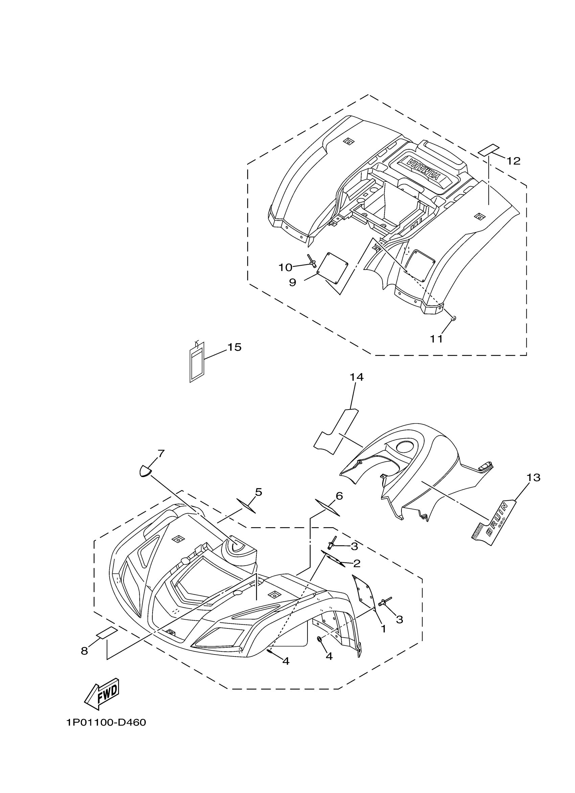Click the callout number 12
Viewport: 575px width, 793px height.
pyautogui.click(x=513, y=161)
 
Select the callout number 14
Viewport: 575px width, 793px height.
pyautogui.click(x=356, y=377)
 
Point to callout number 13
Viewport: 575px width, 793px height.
pyautogui.click(x=533, y=477)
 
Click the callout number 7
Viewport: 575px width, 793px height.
pyautogui.click(x=161, y=453)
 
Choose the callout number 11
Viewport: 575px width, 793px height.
pyautogui.click(x=436, y=339)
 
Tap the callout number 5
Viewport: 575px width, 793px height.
pyautogui.click(x=258, y=492)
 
